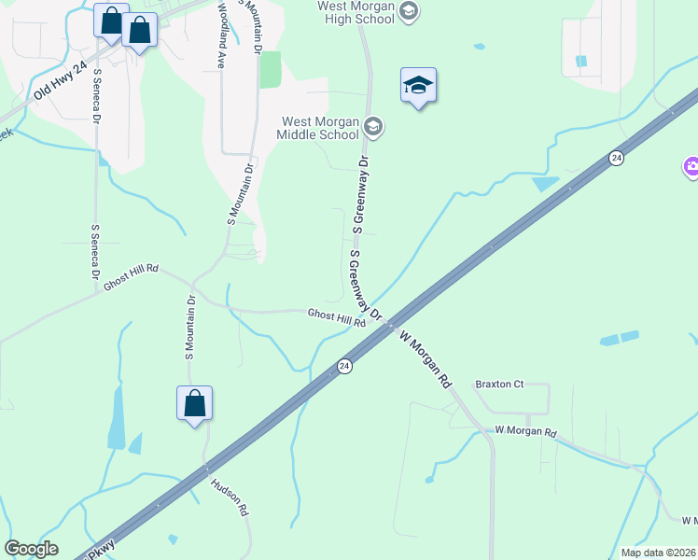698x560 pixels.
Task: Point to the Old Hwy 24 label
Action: point(60,80)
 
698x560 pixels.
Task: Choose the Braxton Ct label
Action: point(500,384)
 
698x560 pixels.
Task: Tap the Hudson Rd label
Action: point(230,497)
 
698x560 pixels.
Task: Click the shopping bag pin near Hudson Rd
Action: point(194,404)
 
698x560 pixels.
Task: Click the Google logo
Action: point(31,549)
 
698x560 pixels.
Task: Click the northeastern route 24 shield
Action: point(616,159)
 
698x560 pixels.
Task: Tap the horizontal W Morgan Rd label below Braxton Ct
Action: point(525,431)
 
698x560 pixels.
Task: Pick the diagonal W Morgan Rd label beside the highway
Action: point(426,358)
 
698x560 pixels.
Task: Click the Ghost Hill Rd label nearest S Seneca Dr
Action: point(131,278)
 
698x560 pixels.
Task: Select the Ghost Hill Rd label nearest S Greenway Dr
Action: point(336,318)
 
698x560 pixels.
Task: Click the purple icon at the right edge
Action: point(691,168)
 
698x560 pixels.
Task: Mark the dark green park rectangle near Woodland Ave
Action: point(271,69)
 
